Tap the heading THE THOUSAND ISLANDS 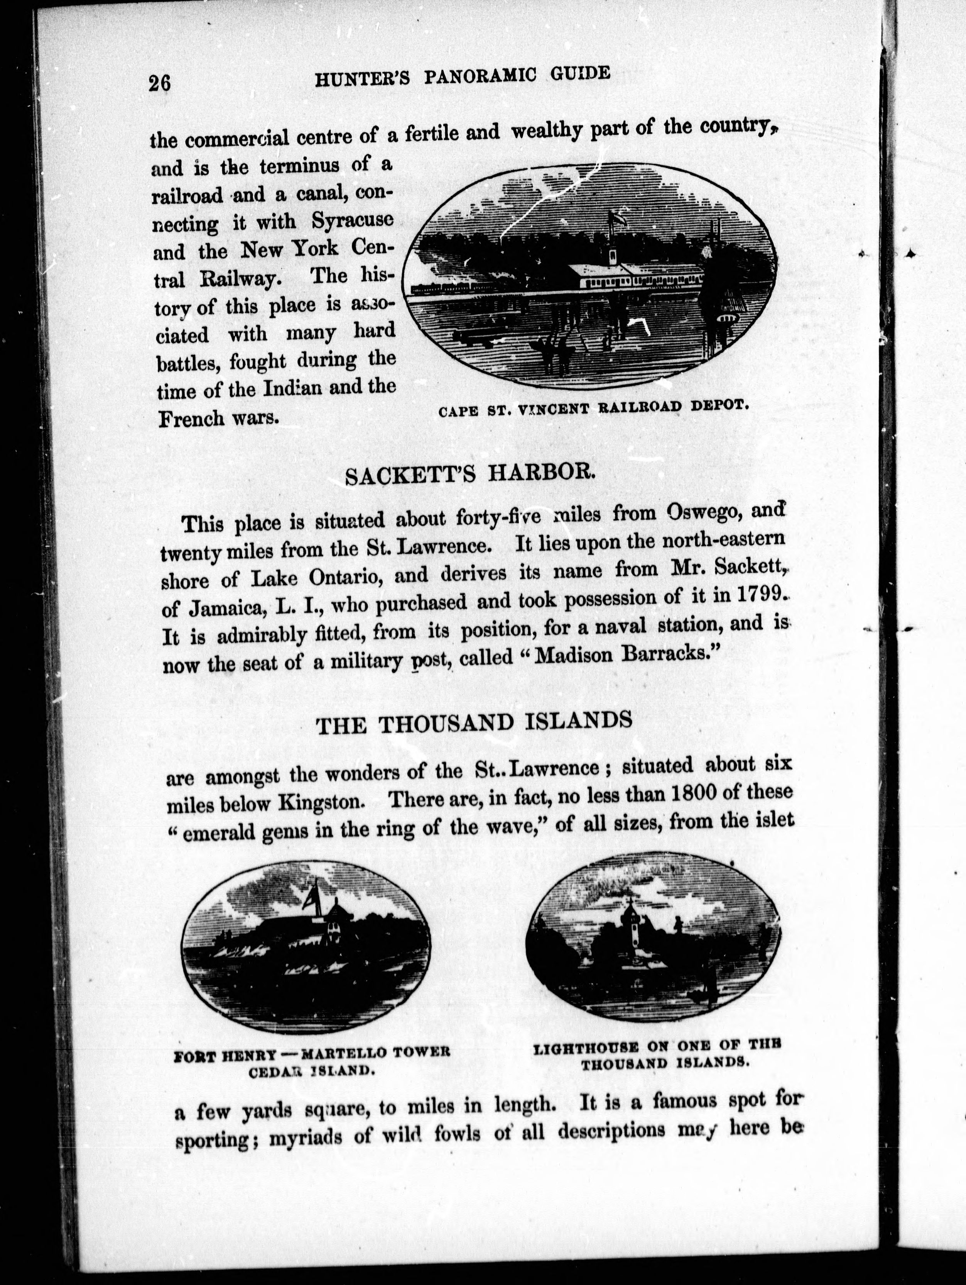click(x=473, y=723)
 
